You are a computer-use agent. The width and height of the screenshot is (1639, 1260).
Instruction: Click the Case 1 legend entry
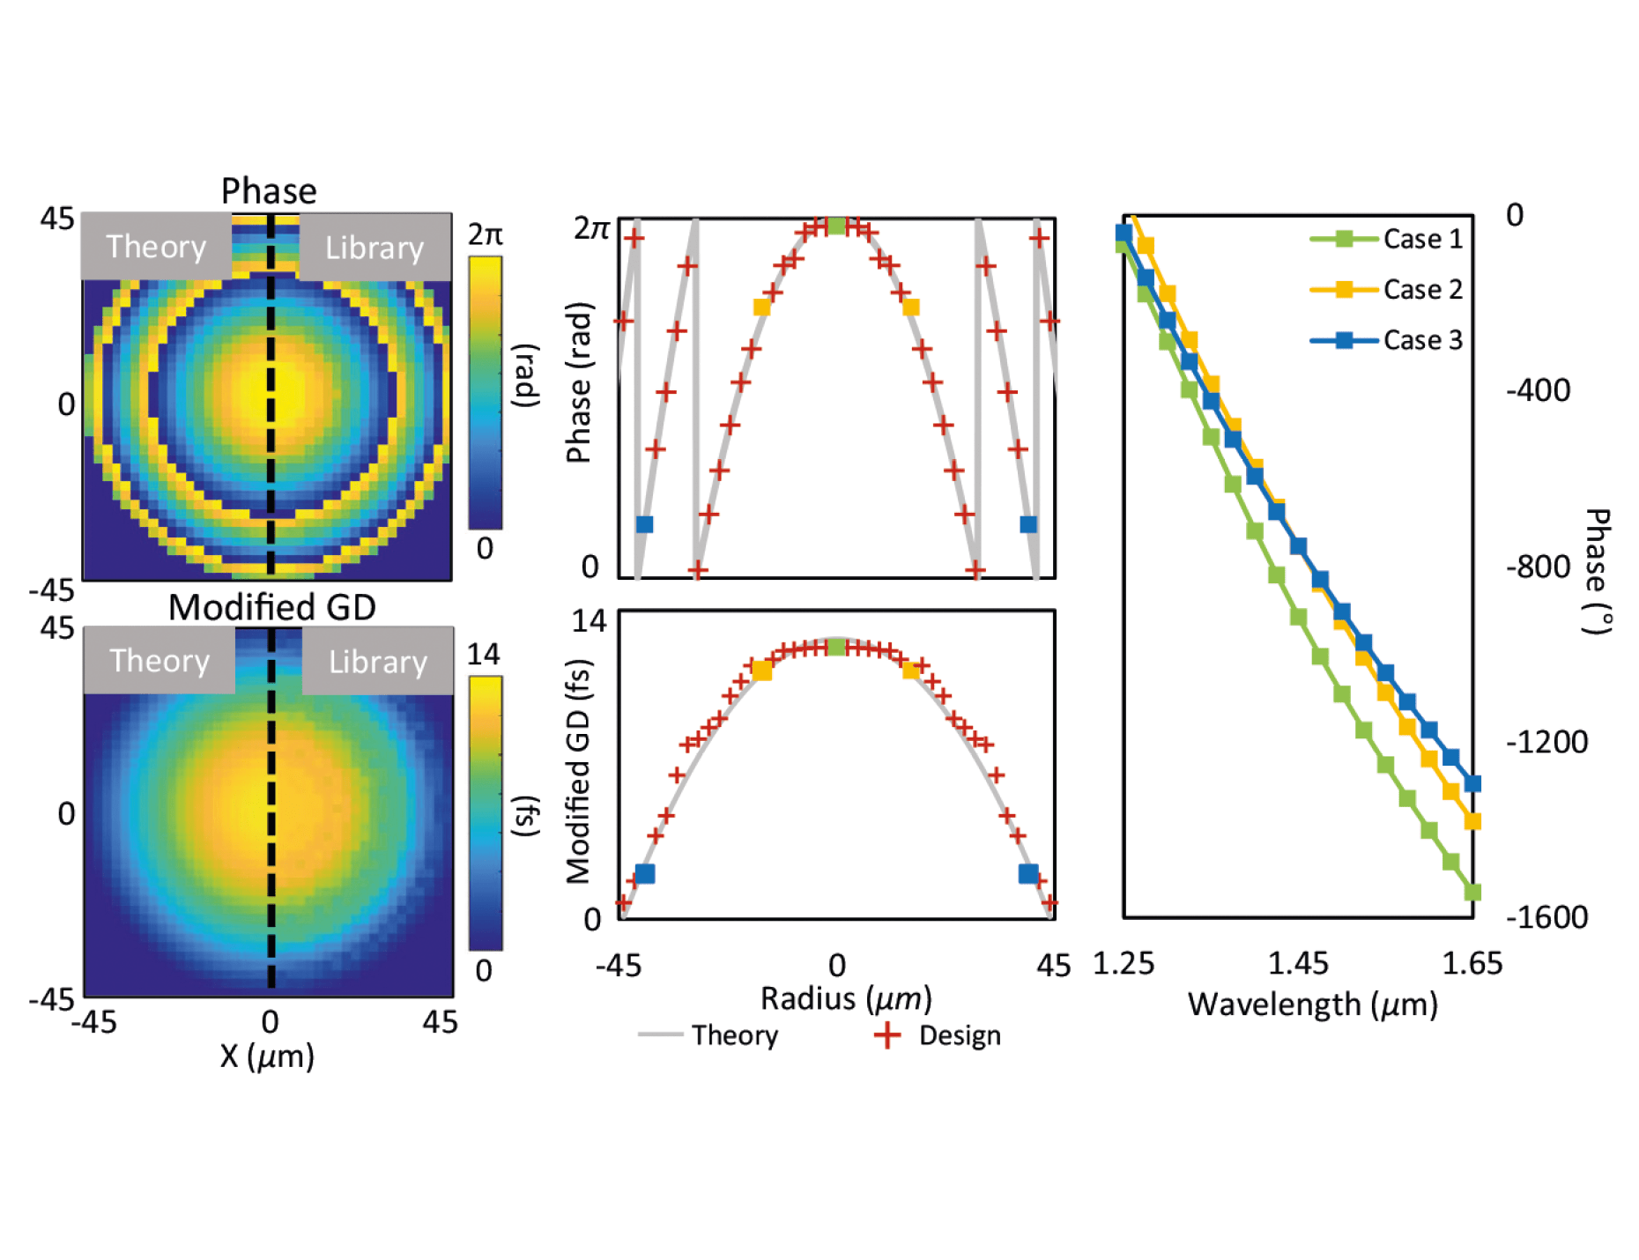click(1421, 239)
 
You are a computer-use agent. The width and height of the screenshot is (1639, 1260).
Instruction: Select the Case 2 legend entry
click(1421, 290)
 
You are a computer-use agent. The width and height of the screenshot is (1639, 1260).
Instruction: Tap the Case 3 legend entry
click(1421, 340)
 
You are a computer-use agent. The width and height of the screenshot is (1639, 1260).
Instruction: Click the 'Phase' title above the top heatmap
click(269, 191)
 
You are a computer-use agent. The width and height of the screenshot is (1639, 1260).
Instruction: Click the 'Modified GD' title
click(272, 607)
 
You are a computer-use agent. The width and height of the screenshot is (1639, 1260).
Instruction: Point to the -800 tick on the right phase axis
click(1538, 566)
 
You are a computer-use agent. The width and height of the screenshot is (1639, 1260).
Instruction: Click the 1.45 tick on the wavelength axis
click(1297, 963)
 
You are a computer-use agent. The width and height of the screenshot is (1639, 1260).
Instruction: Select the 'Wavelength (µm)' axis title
click(1312, 1004)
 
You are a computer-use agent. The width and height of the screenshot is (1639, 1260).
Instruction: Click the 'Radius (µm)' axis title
click(846, 998)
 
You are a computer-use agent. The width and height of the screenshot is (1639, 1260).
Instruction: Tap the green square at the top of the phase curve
click(836, 226)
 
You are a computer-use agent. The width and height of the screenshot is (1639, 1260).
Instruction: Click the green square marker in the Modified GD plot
click(836, 648)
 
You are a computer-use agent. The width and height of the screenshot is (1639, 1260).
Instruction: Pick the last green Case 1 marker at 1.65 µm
click(1472, 892)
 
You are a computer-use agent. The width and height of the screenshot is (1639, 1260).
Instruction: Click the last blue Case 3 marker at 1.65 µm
click(1472, 783)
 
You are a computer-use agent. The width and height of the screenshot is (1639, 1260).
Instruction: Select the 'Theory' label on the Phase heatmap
click(156, 247)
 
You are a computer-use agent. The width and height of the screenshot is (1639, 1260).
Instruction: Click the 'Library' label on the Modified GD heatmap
click(378, 662)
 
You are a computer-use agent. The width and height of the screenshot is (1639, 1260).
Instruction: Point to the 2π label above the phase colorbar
click(485, 234)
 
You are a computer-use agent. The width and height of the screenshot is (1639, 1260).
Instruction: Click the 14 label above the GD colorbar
click(483, 654)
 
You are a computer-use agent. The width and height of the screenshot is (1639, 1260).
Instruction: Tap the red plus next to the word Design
click(887, 1034)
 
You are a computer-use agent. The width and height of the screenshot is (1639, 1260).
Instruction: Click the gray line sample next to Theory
click(660, 1034)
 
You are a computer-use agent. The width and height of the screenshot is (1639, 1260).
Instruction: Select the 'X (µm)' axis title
click(267, 1056)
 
